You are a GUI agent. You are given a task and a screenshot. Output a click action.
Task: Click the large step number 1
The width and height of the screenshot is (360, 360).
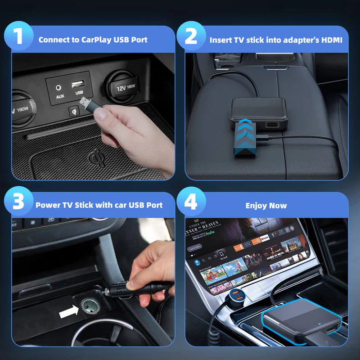pyautogui.click(x=18, y=36)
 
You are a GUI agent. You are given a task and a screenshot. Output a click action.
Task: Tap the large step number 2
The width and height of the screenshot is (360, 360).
pyautogui.click(x=191, y=36)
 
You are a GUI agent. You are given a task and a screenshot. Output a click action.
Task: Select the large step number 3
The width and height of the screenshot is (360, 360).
pyautogui.click(x=18, y=202)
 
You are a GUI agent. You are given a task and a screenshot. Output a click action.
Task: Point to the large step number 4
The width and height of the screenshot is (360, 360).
pyautogui.click(x=191, y=202)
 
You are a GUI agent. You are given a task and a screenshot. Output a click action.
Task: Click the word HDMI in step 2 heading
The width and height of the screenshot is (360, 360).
pyautogui.click(x=331, y=40)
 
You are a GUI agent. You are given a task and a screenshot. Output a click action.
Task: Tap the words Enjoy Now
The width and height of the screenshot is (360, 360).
pyautogui.click(x=266, y=206)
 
